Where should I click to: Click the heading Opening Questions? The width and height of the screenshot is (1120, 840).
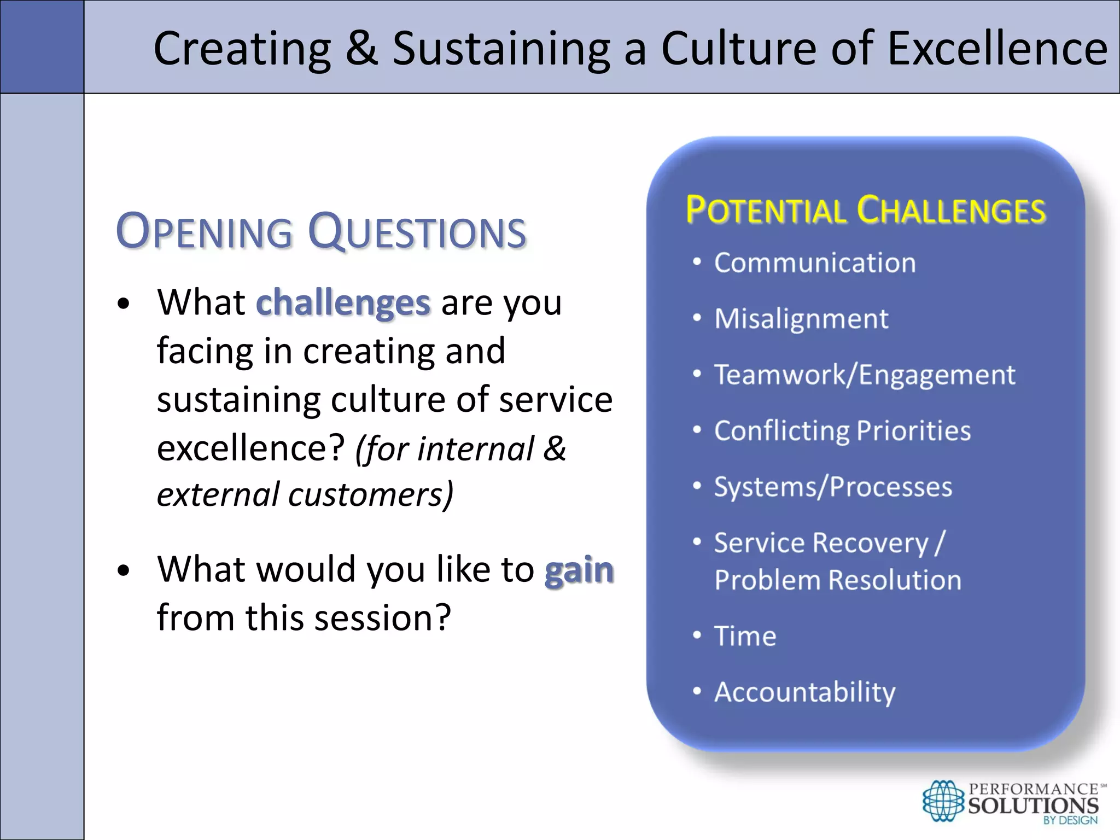coord(321,232)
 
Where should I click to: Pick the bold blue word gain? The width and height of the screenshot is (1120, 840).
coord(579,570)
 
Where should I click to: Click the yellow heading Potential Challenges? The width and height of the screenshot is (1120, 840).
coord(865,211)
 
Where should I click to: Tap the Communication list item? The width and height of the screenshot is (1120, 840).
coord(815,262)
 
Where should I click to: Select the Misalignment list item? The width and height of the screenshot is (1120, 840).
coord(801,318)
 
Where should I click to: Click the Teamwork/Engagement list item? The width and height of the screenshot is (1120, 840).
coord(865,375)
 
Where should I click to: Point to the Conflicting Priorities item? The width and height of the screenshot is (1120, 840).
coord(842,430)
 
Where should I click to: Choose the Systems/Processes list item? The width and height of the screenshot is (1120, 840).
coord(833,487)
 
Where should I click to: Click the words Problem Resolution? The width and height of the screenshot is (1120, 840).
coord(838,580)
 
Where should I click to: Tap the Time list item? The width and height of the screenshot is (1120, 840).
coord(745,636)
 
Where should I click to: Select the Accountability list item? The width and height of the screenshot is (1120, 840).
coord(804,692)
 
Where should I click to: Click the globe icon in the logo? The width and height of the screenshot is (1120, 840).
coord(943,801)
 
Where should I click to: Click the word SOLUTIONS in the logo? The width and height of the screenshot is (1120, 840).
coord(1033,806)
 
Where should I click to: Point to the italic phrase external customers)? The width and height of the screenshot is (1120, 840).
coord(305,494)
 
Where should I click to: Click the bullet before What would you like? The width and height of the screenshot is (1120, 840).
coord(124,570)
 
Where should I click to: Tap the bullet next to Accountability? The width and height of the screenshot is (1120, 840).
coord(697,691)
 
